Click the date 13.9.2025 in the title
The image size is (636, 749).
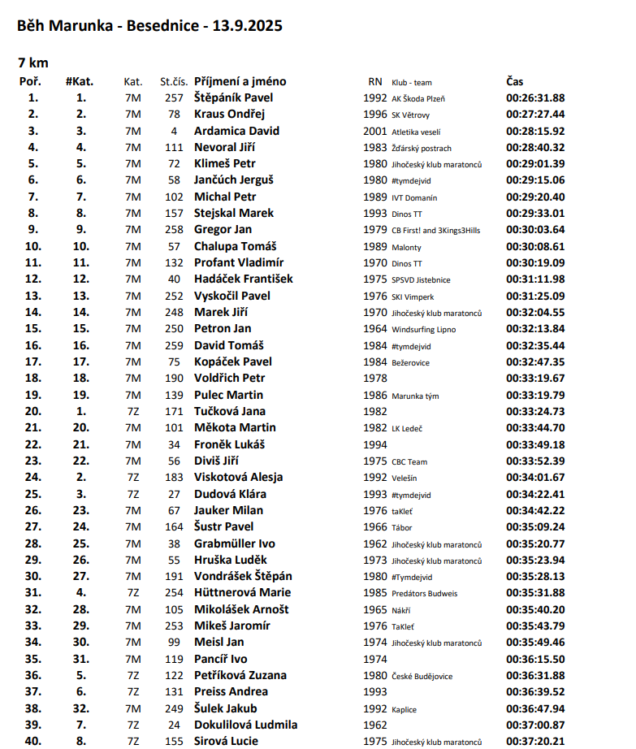(x=248, y=26)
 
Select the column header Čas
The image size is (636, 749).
(x=515, y=81)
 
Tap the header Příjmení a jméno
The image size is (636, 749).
(x=240, y=81)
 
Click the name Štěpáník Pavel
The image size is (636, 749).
(x=233, y=97)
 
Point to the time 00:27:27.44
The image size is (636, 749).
(x=535, y=115)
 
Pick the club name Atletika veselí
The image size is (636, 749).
(x=416, y=132)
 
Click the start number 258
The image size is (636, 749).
(x=175, y=230)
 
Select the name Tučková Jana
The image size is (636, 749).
(x=230, y=411)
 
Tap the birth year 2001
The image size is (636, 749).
(x=375, y=131)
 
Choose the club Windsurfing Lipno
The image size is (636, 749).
(x=423, y=330)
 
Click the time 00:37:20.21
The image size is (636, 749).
(x=535, y=741)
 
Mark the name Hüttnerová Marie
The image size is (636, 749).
(x=242, y=592)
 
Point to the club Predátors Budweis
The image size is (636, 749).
(x=426, y=593)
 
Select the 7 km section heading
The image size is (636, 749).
(x=33, y=62)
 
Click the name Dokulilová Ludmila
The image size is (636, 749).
(x=245, y=725)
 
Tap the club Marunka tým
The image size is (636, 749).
(x=415, y=396)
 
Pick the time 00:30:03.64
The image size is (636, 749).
(x=535, y=230)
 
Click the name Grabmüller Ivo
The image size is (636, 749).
(x=234, y=543)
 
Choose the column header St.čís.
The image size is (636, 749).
(x=174, y=82)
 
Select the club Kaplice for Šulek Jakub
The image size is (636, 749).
(x=404, y=709)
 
